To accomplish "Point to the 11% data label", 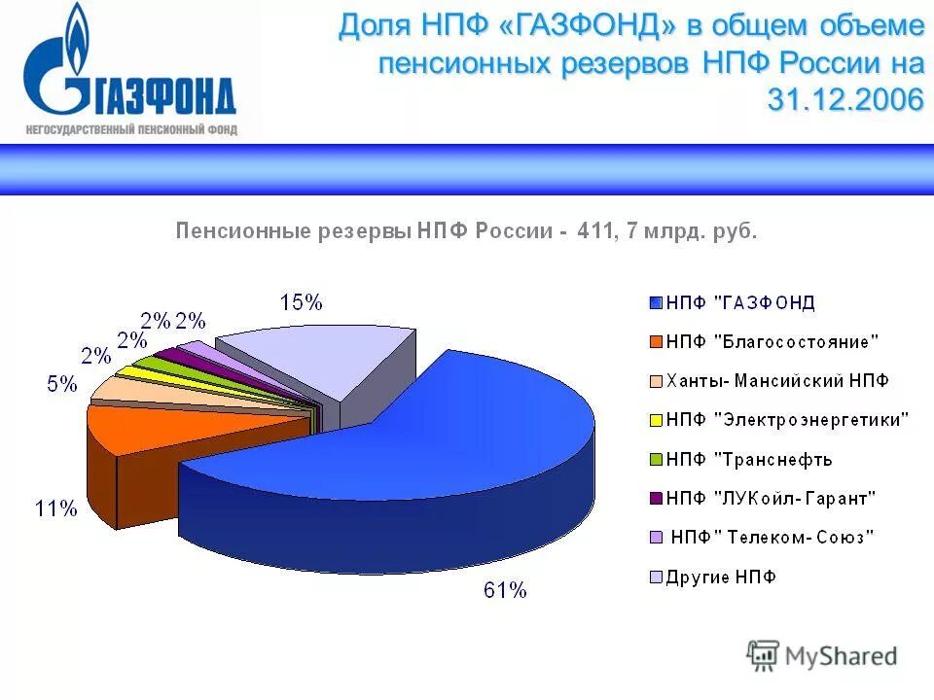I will (x=55, y=508).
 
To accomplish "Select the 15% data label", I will (x=301, y=302).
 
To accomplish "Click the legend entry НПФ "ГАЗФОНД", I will (x=740, y=302).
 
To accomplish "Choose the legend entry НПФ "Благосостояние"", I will (x=772, y=341).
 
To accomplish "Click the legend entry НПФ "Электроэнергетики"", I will (x=788, y=420).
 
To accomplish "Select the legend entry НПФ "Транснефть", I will (x=749, y=459).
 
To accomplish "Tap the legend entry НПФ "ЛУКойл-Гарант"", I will (x=772, y=498).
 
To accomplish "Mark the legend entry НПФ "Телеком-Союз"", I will (x=773, y=537).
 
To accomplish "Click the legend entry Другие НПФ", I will (x=721, y=577).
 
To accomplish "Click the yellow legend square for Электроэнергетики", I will (x=656, y=420).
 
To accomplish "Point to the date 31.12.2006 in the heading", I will (x=844, y=100).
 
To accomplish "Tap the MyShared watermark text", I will (x=841, y=656).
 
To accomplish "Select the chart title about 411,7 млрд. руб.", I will (x=465, y=231).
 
